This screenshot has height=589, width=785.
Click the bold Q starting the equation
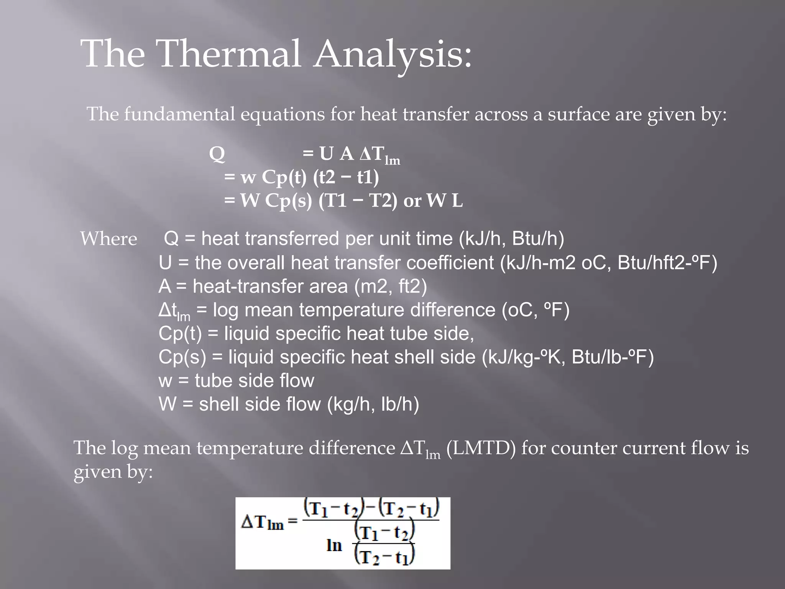[217, 155]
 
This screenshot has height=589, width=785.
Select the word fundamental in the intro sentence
[179, 114]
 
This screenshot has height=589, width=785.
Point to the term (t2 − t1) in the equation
[346, 178]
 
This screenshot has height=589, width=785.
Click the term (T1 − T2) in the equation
[358, 201]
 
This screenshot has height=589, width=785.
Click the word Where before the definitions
[108, 239]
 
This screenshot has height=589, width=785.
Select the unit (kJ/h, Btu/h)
[511, 239]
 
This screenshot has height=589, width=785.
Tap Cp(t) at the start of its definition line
[180, 334]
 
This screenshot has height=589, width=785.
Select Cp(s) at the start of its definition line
[182, 357]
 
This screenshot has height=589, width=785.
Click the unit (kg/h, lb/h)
[373, 405]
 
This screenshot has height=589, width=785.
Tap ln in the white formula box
[334, 545]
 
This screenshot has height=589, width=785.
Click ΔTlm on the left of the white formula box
[263, 522]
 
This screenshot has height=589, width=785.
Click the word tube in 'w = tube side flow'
[213, 381]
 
